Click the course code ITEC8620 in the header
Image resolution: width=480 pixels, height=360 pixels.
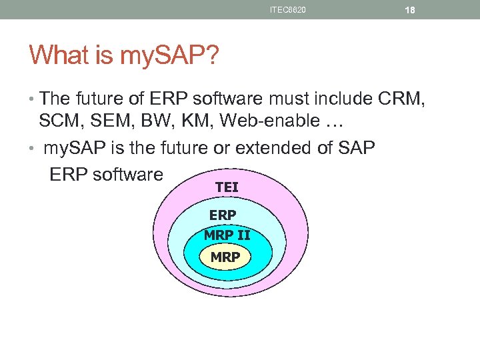tap(288, 10)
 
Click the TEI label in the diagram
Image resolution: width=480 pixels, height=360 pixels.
tap(227, 188)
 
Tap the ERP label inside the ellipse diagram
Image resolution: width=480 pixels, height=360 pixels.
tap(222, 215)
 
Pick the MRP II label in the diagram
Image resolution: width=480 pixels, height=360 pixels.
tap(227, 235)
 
